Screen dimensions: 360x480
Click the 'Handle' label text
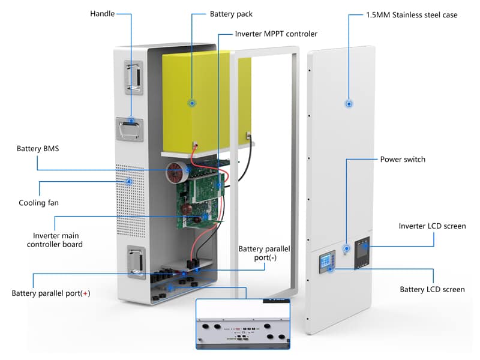tap(102, 13)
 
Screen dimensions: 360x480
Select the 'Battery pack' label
tap(231, 13)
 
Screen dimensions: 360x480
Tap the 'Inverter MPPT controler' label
tap(276, 34)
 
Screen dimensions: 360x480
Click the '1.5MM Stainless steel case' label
tap(412, 14)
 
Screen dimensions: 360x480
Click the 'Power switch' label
tap(403, 160)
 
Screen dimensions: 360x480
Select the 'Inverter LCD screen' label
tap(432, 226)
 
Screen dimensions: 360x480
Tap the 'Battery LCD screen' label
tap(432, 289)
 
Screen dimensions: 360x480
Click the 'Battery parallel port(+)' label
tap(50, 293)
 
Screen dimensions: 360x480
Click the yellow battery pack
tap(198, 96)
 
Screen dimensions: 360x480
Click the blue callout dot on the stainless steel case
tap(349, 104)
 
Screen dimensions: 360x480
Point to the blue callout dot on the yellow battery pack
tap(192, 103)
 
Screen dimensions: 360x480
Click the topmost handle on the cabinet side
tap(133, 77)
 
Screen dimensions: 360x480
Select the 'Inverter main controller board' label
tap(58, 239)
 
